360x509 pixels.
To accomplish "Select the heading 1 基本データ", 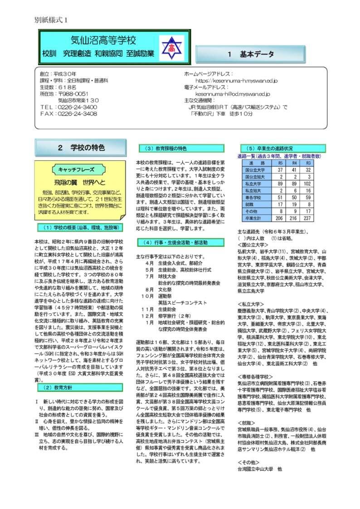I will [251, 54].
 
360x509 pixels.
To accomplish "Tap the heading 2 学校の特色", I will [82, 148].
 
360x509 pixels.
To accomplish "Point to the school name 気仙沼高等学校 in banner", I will [103, 41].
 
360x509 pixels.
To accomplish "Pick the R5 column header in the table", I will [281, 162].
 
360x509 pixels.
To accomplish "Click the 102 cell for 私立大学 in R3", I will [308, 184].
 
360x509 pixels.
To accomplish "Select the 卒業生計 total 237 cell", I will [308, 218].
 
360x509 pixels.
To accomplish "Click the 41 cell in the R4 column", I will [294, 169].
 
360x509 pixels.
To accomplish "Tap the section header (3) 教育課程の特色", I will [180, 148].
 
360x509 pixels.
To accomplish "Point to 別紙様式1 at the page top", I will [51, 20].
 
